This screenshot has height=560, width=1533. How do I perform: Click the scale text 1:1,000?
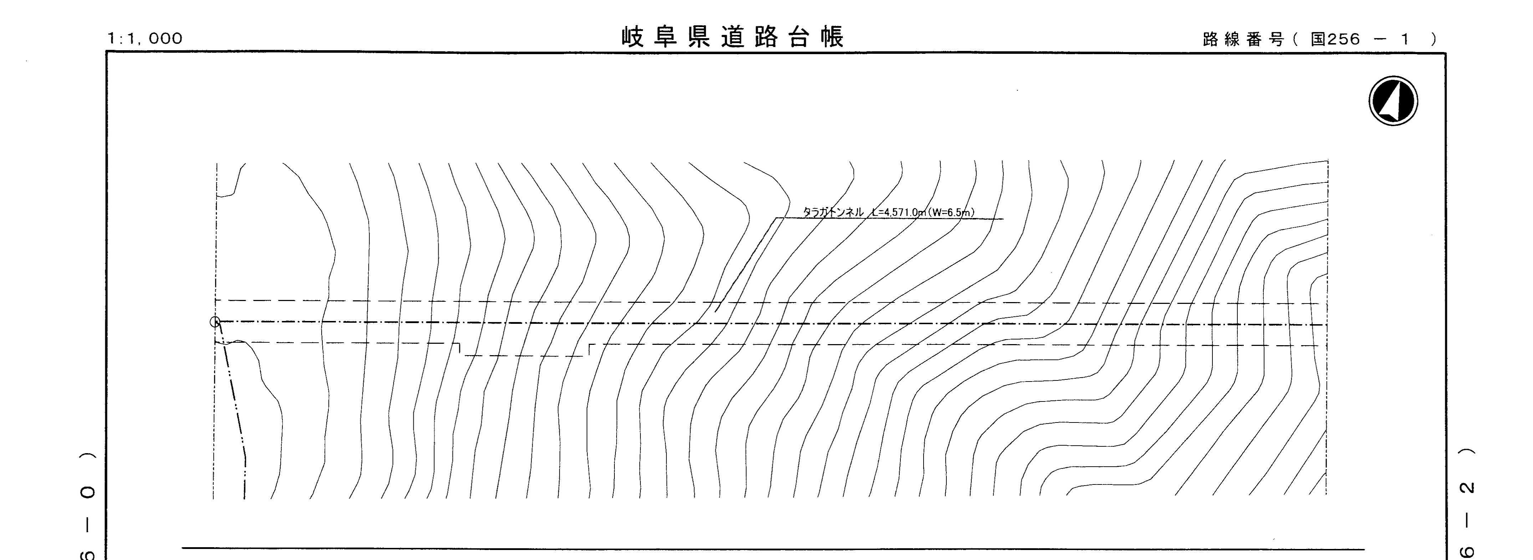tap(145, 38)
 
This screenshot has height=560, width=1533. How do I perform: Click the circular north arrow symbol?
tap(1393, 101)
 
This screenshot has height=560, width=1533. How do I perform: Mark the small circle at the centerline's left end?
tap(215, 322)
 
